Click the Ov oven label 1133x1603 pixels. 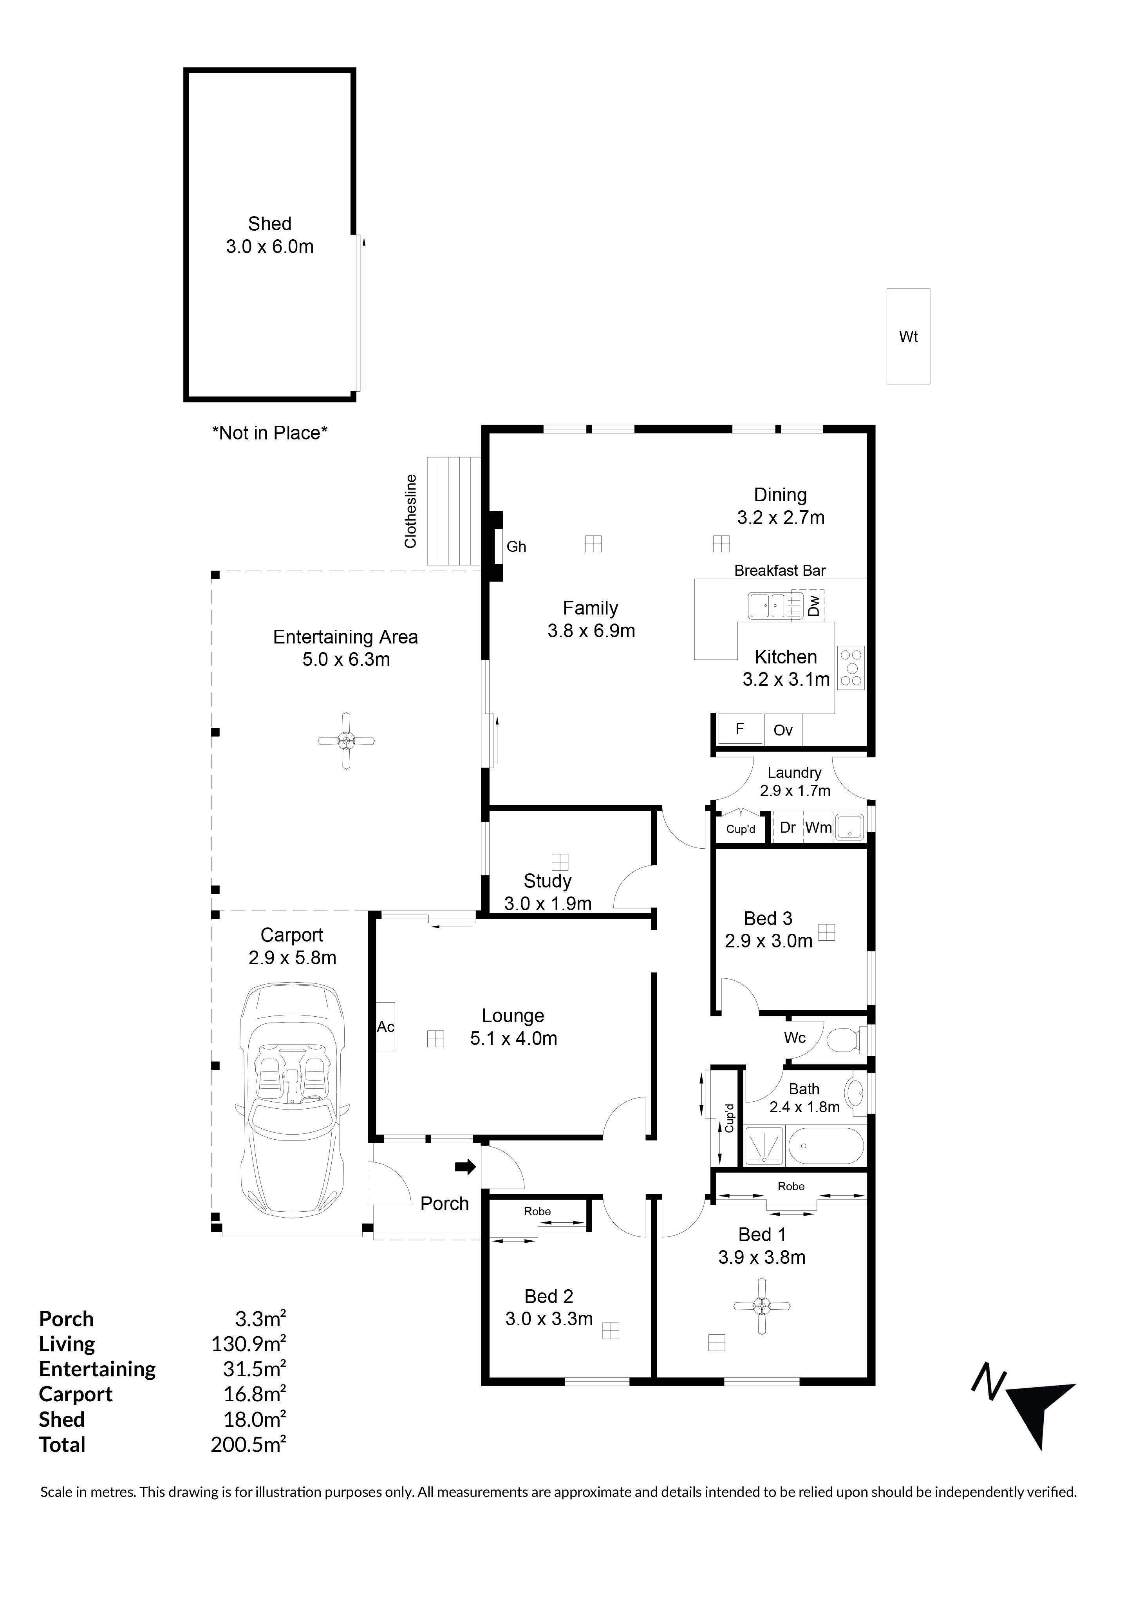tap(783, 730)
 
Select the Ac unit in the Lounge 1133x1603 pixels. tap(386, 1026)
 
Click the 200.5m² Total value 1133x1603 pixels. tap(249, 1444)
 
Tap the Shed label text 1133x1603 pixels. tap(269, 224)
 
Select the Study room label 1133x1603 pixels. tap(548, 881)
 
